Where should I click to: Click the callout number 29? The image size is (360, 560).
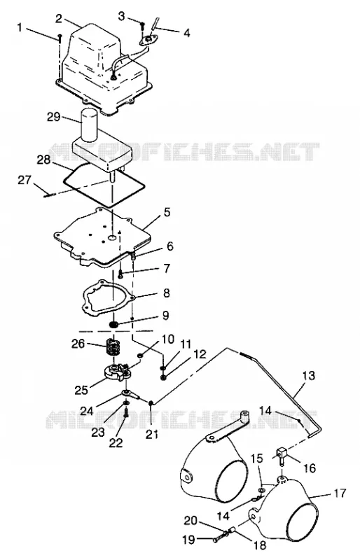point(54,117)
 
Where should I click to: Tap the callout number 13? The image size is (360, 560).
point(309,376)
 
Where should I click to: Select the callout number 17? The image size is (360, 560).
point(340,493)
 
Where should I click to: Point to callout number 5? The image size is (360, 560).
point(167,212)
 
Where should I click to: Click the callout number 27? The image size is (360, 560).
point(25,180)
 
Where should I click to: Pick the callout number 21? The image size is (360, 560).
point(152,434)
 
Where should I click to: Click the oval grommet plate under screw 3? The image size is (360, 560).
point(149,41)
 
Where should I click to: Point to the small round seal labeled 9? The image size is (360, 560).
point(114,325)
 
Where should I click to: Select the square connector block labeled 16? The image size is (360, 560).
point(282,454)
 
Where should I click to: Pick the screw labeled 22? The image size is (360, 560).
point(126,414)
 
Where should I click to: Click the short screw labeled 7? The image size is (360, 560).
point(120,274)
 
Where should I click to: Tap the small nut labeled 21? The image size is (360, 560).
point(151,403)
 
